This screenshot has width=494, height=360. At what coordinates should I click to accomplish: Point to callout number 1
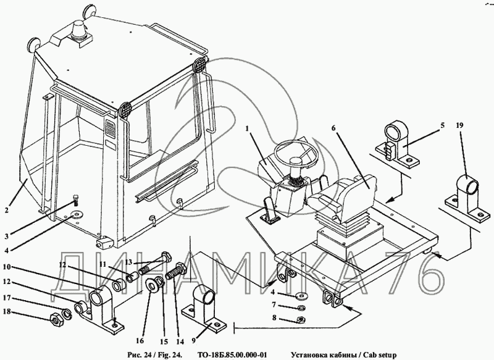(247, 130)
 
